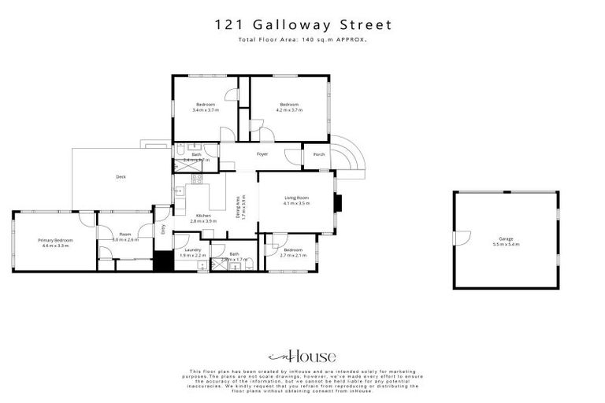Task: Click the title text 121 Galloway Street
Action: tap(303, 25)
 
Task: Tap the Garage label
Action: tap(505, 238)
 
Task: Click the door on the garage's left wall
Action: tap(461, 237)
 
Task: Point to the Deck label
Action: tap(121, 177)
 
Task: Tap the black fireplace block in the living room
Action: tap(338, 203)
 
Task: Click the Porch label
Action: tap(319, 154)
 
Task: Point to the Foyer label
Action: tap(262, 154)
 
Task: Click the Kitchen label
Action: tap(203, 216)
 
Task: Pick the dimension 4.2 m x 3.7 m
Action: tap(288, 110)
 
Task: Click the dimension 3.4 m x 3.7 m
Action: tap(205, 110)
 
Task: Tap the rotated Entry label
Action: tap(164, 230)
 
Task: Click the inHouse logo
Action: tap(302, 356)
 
